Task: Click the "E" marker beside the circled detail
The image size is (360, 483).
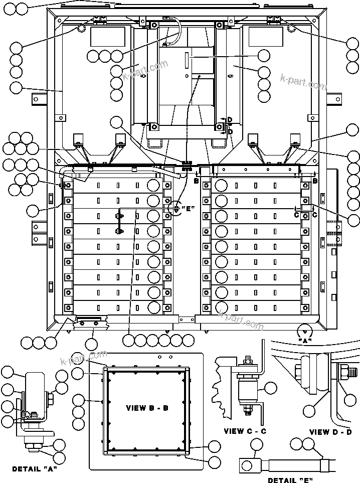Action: [x=188, y=209]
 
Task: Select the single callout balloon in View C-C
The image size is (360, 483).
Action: [x=270, y=387]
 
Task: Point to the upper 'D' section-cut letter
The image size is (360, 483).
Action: [x=229, y=120]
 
